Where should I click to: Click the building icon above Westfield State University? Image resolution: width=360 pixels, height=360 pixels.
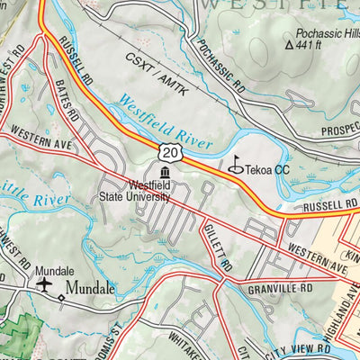(165, 174)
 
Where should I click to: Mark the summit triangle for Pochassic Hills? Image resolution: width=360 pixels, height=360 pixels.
(289, 43)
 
